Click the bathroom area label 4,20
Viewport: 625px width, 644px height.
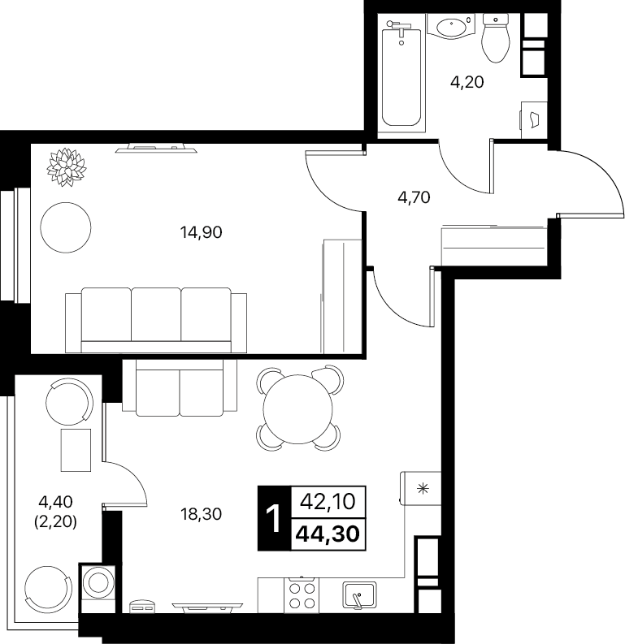click(467, 83)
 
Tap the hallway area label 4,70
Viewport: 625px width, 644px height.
click(414, 197)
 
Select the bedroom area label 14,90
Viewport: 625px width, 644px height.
click(201, 232)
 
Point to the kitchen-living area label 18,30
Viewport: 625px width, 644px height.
click(201, 514)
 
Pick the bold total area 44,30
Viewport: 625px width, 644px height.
click(328, 534)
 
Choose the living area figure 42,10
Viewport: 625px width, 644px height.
click(328, 502)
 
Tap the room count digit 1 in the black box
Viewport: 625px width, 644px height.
click(273, 518)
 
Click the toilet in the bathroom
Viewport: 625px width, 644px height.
click(496, 38)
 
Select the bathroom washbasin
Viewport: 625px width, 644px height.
click(451, 26)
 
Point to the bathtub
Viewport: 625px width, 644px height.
click(401, 76)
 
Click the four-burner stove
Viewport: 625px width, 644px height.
click(302, 595)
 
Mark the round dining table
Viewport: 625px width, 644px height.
click(298, 409)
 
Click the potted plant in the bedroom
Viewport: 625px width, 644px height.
click(67, 167)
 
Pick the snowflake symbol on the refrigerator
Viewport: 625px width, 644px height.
click(423, 489)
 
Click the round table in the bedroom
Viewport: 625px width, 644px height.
click(66, 227)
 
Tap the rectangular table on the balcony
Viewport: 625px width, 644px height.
click(76, 450)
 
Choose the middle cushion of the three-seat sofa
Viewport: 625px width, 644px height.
click(156, 314)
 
